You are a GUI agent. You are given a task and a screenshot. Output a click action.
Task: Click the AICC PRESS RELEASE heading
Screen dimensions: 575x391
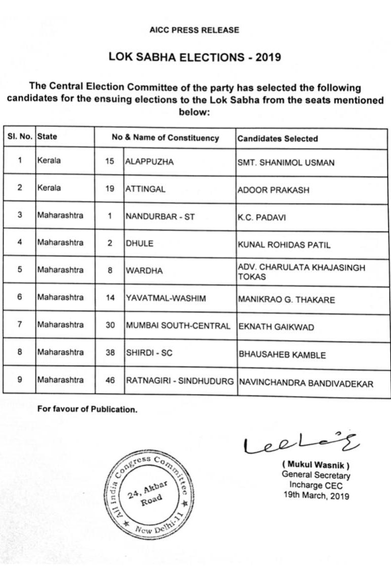[194, 31]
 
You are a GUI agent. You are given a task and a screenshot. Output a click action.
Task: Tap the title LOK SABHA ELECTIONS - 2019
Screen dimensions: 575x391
[195, 57]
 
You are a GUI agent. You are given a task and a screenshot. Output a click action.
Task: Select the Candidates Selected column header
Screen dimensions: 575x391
[278, 138]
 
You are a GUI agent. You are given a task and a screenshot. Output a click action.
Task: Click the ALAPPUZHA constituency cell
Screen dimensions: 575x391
[150, 162]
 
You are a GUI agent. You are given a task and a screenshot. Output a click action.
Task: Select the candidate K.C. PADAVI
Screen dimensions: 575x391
[262, 218]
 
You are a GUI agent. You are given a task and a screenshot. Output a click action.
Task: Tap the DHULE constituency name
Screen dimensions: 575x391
[139, 244]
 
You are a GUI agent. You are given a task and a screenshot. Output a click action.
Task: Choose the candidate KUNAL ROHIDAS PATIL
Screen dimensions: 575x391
[284, 245]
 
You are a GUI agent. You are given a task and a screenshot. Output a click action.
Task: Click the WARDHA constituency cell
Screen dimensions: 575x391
[144, 271]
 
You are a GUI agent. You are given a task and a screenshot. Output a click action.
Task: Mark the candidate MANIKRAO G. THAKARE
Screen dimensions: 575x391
[286, 300]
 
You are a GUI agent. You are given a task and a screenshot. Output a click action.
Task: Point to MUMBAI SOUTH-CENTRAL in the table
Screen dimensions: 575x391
[178, 326]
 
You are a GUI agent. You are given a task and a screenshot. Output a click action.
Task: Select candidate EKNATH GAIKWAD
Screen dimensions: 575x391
[271, 327]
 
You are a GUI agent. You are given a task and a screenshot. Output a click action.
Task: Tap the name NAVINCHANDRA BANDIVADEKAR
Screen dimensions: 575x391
[305, 383]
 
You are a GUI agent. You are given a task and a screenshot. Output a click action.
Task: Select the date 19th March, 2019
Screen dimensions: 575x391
[316, 496]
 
